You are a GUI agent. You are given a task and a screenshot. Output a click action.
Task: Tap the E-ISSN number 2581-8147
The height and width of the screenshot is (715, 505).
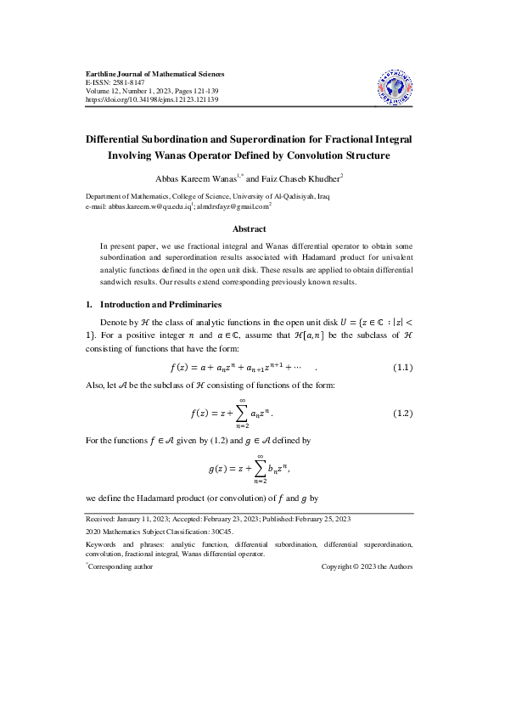[124, 83]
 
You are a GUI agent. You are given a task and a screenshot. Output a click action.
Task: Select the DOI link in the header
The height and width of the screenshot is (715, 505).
[153, 99]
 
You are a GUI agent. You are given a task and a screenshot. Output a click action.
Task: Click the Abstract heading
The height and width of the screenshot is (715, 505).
[250, 228]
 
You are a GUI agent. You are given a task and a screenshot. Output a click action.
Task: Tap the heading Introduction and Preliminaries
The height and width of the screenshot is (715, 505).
[161, 304]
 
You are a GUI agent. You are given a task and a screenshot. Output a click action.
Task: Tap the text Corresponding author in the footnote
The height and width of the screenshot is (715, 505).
[121, 566]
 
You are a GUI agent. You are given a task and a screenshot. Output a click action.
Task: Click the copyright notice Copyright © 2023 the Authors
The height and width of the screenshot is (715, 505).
[367, 566]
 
